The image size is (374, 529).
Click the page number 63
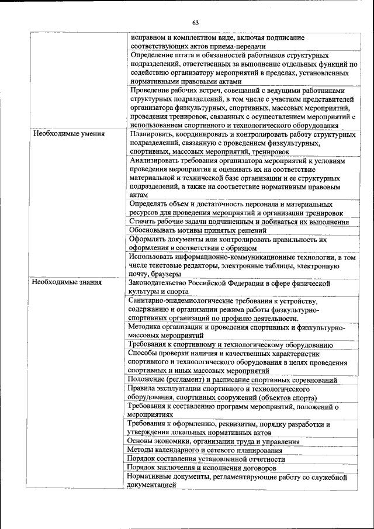[x=195, y=23]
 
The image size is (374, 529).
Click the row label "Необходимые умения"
[x=69, y=134]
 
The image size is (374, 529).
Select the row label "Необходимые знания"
[x=68, y=282]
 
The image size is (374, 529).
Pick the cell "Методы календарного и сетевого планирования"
[x=205, y=451]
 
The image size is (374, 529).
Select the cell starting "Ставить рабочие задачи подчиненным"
[x=239, y=222]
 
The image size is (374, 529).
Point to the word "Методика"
[x=146, y=327]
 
